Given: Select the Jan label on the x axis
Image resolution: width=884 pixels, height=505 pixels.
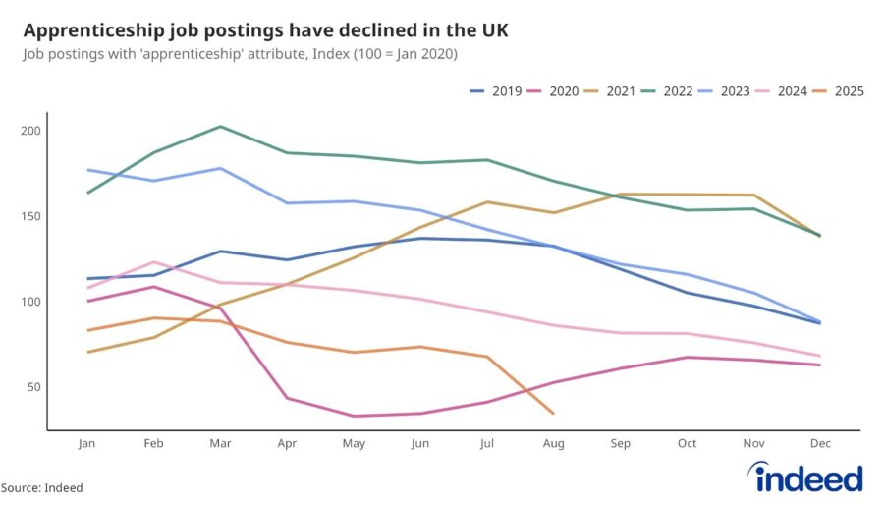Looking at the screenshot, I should [x=87, y=444].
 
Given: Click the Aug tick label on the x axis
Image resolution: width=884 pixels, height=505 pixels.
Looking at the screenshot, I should [x=554, y=444].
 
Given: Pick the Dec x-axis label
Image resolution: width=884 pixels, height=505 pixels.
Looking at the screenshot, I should [x=821, y=444].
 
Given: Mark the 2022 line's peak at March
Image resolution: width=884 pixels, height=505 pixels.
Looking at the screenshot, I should [x=221, y=127].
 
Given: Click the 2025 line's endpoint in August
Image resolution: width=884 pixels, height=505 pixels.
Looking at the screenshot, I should [x=554, y=414].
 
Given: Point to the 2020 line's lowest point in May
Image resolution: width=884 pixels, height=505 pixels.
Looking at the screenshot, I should [x=355, y=416].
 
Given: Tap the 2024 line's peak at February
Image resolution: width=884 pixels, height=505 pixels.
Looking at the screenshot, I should [x=154, y=261].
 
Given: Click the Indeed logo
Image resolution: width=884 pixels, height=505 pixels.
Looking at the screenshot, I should [x=804, y=478].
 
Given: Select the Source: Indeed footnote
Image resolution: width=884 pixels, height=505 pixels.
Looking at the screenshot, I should [x=41, y=487].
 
